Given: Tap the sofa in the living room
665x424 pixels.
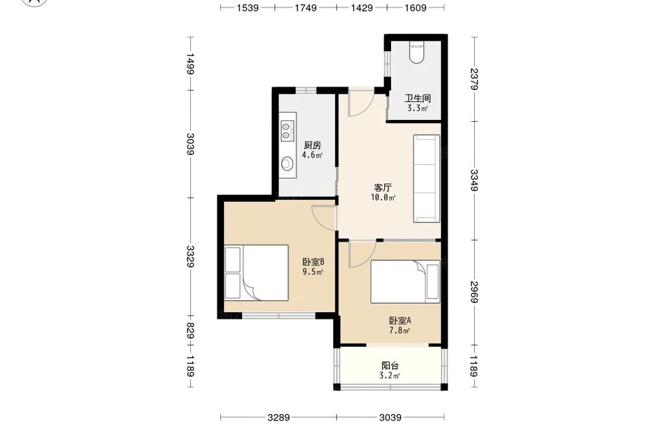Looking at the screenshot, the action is coord(427,178).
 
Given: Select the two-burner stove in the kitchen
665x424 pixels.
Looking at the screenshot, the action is coord(287,130).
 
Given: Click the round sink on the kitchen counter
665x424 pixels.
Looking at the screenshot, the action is coord(287,163).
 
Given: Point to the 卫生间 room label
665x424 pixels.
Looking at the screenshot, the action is coord(418,99).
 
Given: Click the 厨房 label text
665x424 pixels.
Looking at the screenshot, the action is coord(313,146).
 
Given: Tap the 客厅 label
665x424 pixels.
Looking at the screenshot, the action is coord(383,188).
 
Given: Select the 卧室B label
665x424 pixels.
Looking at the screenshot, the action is coord(313,262).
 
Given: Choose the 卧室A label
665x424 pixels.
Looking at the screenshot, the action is coord(400,320).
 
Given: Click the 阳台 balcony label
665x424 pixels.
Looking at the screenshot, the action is coord(390,365).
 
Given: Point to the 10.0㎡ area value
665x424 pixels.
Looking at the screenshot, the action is coord(384,198).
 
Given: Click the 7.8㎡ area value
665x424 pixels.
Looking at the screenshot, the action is coord(400,330).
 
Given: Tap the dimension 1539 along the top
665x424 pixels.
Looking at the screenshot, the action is coord(247,7).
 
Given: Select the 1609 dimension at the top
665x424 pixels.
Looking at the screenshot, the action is coord(415,7).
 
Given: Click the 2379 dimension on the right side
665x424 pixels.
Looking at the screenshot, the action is coord(473,79).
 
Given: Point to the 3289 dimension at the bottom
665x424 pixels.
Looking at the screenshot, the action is coord(279,417).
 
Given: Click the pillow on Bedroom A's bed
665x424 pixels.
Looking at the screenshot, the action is coord(433,282).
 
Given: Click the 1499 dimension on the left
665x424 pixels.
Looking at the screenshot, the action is coord(190,64).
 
